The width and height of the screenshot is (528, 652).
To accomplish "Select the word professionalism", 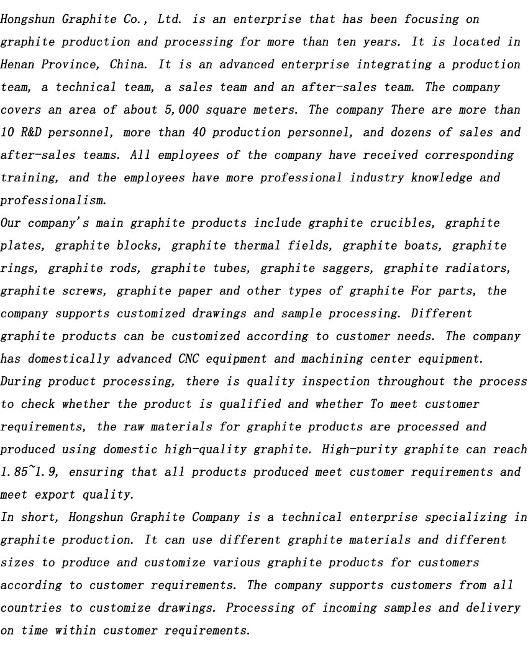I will pyautogui.click(x=53, y=201).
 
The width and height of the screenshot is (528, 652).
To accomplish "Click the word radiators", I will pyautogui.click(x=479, y=268).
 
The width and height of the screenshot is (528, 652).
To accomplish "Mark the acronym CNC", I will pyautogui.click(x=184, y=359).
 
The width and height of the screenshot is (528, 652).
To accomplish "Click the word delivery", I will pyautogui.click(x=489, y=608).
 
